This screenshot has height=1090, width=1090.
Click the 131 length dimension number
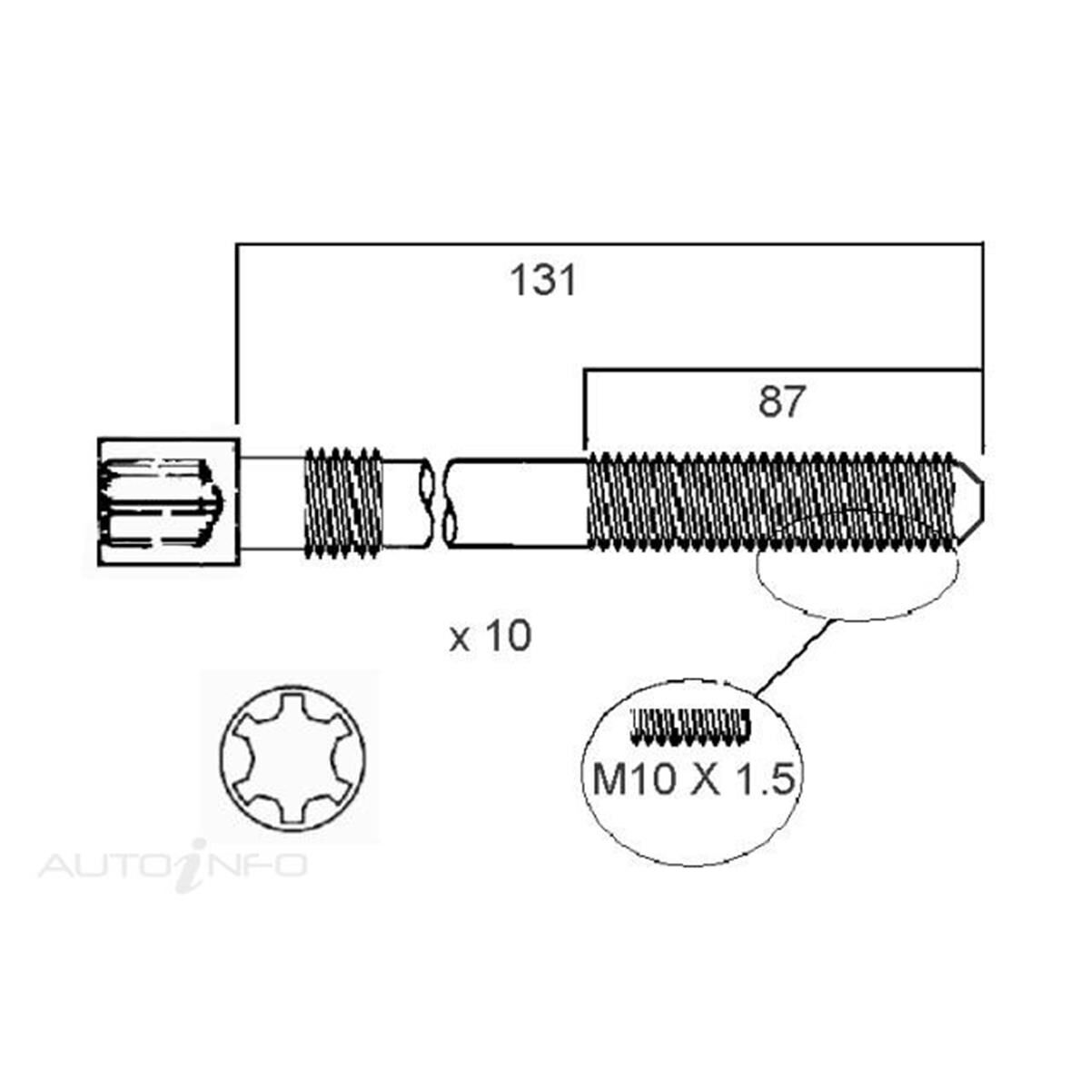point(542,281)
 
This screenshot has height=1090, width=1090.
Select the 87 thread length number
point(782,401)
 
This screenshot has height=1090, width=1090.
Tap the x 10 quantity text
point(490,637)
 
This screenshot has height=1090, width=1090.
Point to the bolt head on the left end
point(168,503)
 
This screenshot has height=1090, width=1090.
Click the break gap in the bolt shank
point(435,502)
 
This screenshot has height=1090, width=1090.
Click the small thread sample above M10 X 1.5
point(690,724)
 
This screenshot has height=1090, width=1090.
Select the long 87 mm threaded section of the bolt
point(772,502)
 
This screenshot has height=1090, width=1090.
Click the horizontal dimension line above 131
point(609,243)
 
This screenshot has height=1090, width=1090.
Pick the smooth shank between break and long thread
point(518,502)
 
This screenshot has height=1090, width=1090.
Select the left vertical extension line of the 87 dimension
point(585,409)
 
